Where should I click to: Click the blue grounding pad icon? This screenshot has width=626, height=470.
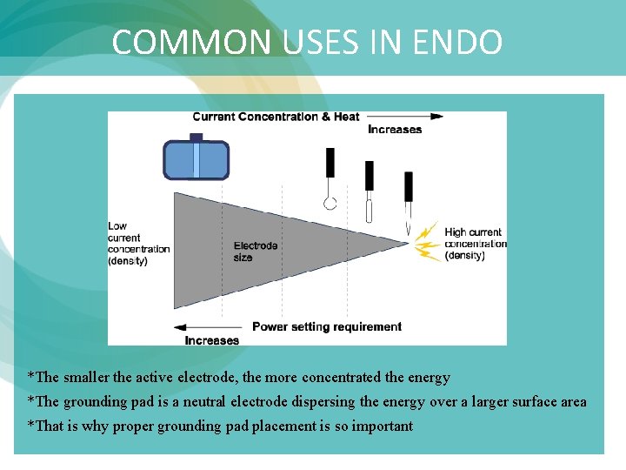[196, 159]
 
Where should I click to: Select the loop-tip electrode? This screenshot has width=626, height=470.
[330, 183]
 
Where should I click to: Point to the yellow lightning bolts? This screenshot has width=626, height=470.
[427, 242]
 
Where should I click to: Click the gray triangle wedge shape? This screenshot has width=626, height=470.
[252, 248]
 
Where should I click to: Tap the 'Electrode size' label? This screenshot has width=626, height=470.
[256, 252]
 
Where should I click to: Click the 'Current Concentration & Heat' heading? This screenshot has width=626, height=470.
[276, 117]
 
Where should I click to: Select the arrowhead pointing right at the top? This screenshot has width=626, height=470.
[437, 116]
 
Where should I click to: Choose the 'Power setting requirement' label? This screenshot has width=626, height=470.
[327, 327]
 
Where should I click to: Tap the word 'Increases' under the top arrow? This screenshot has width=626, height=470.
[395, 130]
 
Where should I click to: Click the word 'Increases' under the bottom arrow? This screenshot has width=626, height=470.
[212, 340]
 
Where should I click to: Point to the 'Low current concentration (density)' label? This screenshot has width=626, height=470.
[138, 244]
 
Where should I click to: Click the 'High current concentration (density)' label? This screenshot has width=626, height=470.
[475, 244]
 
